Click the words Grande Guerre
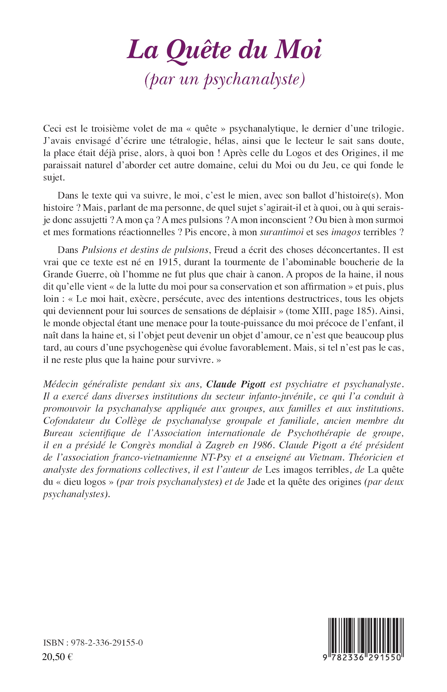(x=71, y=274)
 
